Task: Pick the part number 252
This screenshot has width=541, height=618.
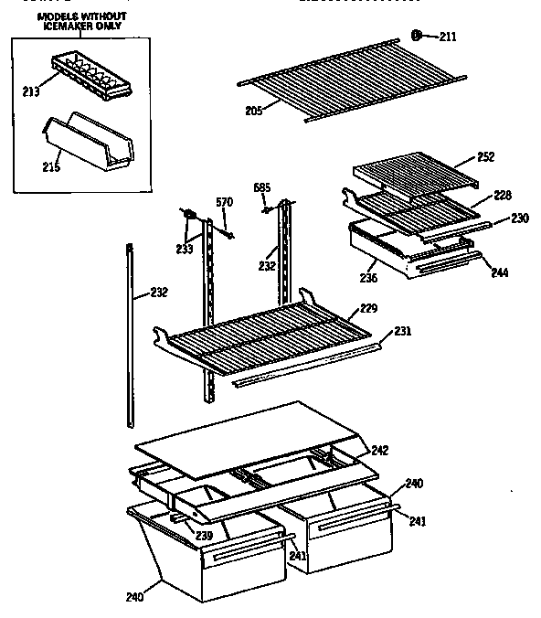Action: (485, 157)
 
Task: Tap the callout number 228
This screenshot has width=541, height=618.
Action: (503, 195)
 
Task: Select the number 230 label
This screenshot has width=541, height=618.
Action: (520, 218)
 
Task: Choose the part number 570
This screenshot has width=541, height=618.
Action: (224, 202)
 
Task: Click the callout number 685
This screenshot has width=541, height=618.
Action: (261, 187)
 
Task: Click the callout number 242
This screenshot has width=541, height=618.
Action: (378, 450)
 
